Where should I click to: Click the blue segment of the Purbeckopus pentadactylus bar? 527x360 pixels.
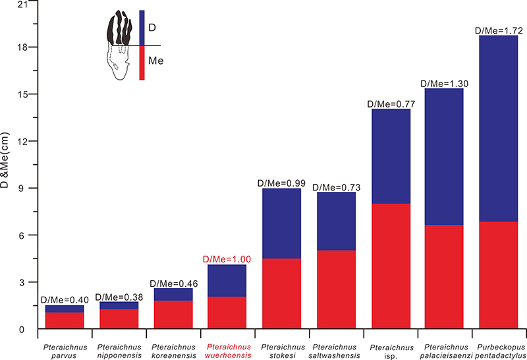[x=498, y=129]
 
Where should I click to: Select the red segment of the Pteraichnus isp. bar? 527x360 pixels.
[x=391, y=266]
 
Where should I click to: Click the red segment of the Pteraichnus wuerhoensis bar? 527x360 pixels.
[x=227, y=313]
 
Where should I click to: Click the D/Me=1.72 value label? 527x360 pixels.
[x=498, y=30]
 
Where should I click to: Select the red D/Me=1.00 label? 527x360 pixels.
[x=227, y=259]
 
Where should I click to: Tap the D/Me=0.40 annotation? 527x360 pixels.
[x=64, y=300]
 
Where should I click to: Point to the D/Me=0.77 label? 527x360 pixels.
[x=391, y=104]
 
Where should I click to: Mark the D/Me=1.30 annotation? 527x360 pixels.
[x=444, y=83]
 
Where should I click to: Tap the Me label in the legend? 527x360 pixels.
[x=156, y=61]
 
